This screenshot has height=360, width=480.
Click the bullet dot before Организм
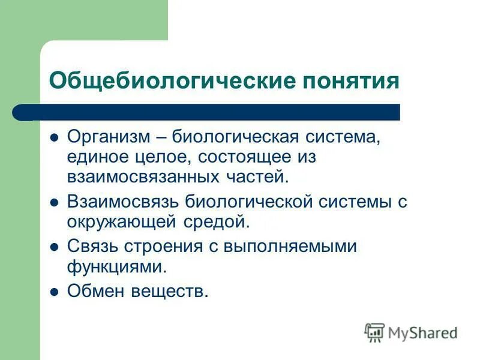(55, 137)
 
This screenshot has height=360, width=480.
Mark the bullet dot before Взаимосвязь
(55, 202)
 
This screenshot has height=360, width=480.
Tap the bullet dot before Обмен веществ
(55, 292)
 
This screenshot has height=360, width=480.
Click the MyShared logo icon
(374, 331)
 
